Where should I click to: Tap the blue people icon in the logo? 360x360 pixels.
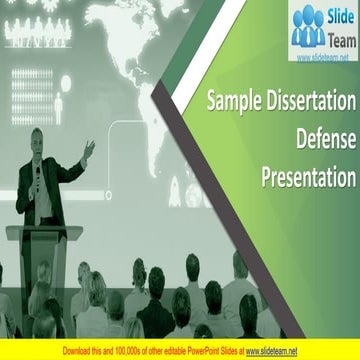coord(307,27)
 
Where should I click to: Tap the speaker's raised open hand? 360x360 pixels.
coord(88,149)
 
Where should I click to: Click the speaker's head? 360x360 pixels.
coord(38,137)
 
